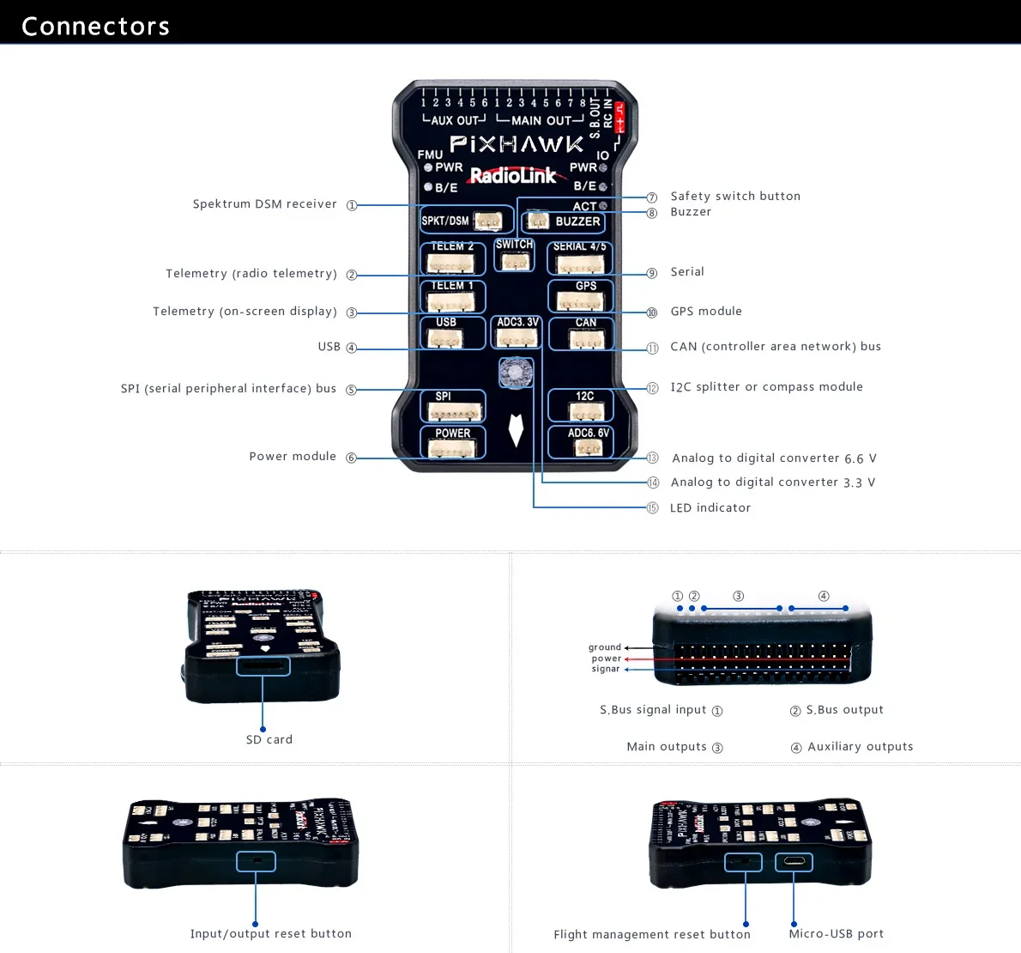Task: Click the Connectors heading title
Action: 95,27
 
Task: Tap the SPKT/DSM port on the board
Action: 467,220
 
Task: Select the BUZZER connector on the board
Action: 564,222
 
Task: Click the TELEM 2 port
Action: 452,258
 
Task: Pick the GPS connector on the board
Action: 581,296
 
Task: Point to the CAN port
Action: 582,334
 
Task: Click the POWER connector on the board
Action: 452,442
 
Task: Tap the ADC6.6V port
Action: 581,442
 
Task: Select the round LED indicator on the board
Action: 516,373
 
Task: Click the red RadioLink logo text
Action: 513,176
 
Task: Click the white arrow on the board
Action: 516,429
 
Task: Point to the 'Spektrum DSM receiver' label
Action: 264,204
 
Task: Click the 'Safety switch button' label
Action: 735,197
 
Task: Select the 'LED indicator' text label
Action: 710,508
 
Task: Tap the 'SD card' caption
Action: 269,740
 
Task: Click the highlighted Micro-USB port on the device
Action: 794,861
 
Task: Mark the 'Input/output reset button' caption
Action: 271,934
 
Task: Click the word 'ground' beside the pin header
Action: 604,647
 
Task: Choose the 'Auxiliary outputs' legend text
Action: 860,747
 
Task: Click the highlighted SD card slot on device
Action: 263,665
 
